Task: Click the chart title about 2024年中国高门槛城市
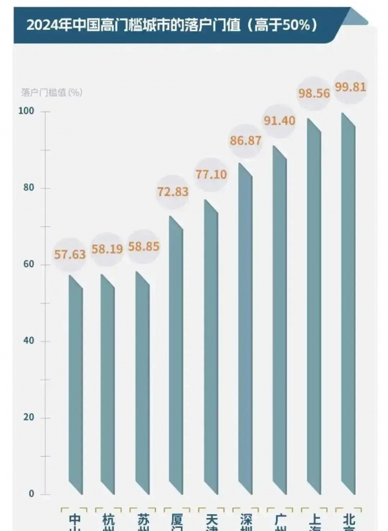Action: pos(171,26)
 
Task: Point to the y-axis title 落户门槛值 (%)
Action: pos(47,92)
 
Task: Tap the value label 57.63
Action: pos(70,255)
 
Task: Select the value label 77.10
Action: pos(211,174)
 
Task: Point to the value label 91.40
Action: pos(279,120)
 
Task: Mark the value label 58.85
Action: pos(143,247)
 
